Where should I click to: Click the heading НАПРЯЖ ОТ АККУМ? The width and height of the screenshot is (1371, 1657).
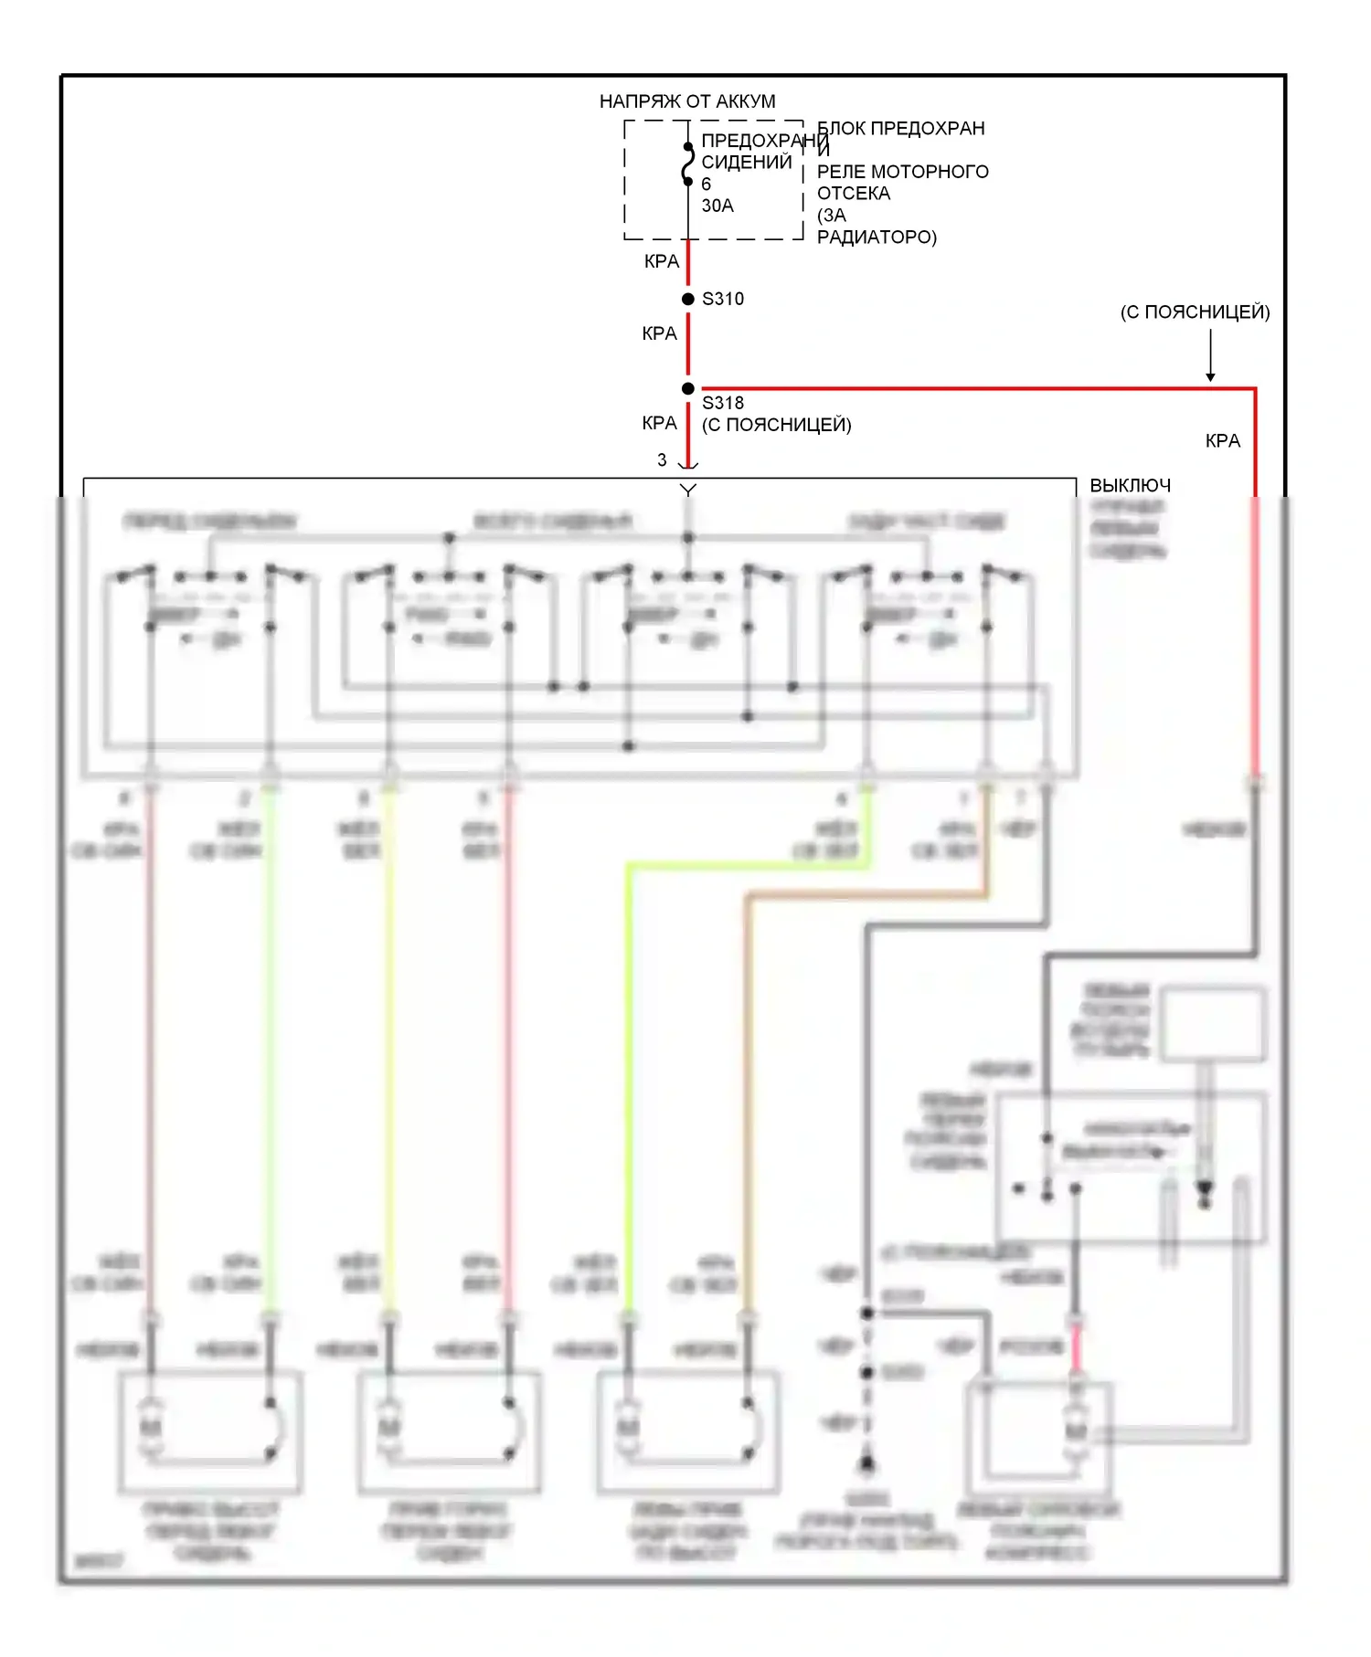click(687, 101)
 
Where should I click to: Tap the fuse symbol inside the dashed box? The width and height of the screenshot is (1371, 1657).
click(687, 164)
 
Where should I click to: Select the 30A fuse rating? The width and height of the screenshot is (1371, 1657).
click(717, 206)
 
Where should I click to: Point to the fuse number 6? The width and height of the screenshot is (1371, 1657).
click(706, 185)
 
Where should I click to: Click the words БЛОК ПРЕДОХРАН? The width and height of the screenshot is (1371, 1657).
click(900, 129)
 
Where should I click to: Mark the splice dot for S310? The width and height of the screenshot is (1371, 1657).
click(688, 299)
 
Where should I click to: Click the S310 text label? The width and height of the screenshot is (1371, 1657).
click(723, 299)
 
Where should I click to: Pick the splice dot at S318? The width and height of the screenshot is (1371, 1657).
click(688, 388)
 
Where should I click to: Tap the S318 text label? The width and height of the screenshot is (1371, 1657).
click(723, 403)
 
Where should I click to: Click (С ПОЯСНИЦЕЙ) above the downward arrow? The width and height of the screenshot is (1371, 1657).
click(1195, 311)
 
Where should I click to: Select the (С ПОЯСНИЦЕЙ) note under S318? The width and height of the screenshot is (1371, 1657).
click(776, 425)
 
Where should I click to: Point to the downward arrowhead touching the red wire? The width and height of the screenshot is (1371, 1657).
click(1210, 376)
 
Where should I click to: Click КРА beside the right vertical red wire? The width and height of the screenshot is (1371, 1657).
click(1222, 441)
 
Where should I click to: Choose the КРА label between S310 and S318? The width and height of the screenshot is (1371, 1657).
click(659, 333)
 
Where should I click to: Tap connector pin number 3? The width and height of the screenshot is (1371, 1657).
click(662, 460)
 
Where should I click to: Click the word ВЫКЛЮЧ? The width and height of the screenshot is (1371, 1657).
click(1130, 485)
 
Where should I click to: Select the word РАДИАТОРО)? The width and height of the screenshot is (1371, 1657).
click(877, 237)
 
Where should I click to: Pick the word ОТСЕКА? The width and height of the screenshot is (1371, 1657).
click(853, 194)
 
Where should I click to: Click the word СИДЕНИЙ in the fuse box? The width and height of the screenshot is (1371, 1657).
click(746, 163)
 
